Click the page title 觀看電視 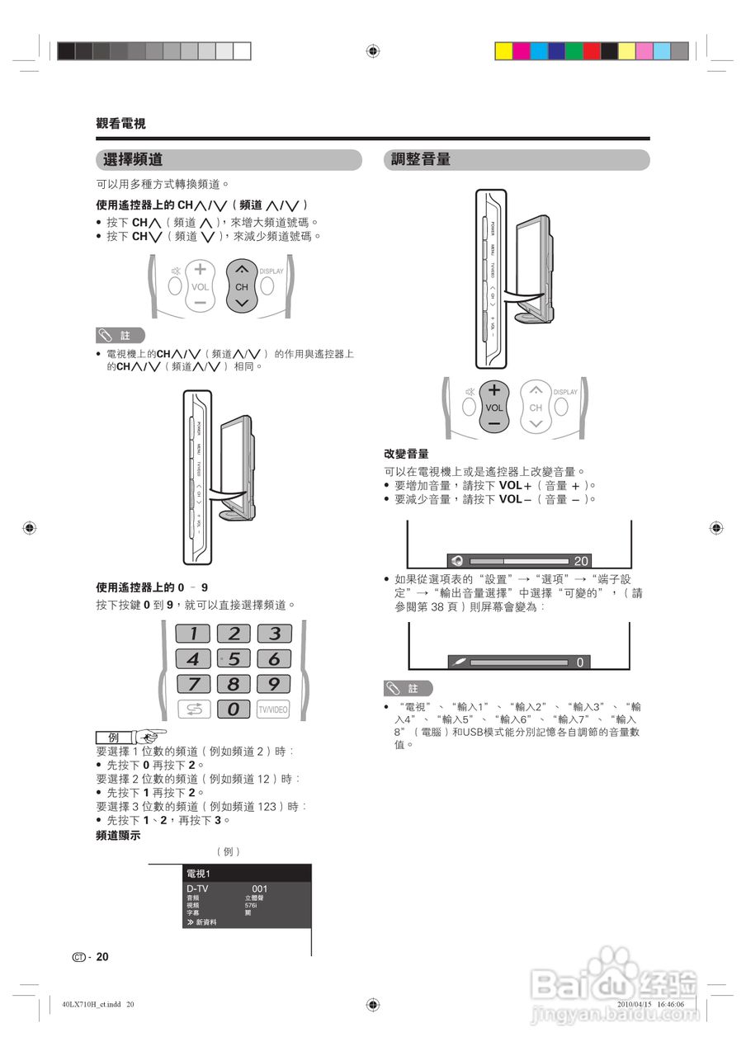[120, 124]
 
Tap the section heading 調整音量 [421, 160]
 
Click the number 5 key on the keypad [234, 658]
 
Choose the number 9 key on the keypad [274, 683]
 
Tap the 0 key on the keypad [234, 709]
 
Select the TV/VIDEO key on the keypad [273, 709]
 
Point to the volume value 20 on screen [581, 561]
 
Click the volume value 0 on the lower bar [579, 662]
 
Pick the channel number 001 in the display [259, 889]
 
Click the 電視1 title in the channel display [199, 874]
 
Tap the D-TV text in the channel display [198, 889]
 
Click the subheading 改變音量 [406, 455]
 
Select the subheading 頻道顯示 [118, 835]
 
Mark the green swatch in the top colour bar [574, 51]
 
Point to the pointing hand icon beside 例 [151, 736]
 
